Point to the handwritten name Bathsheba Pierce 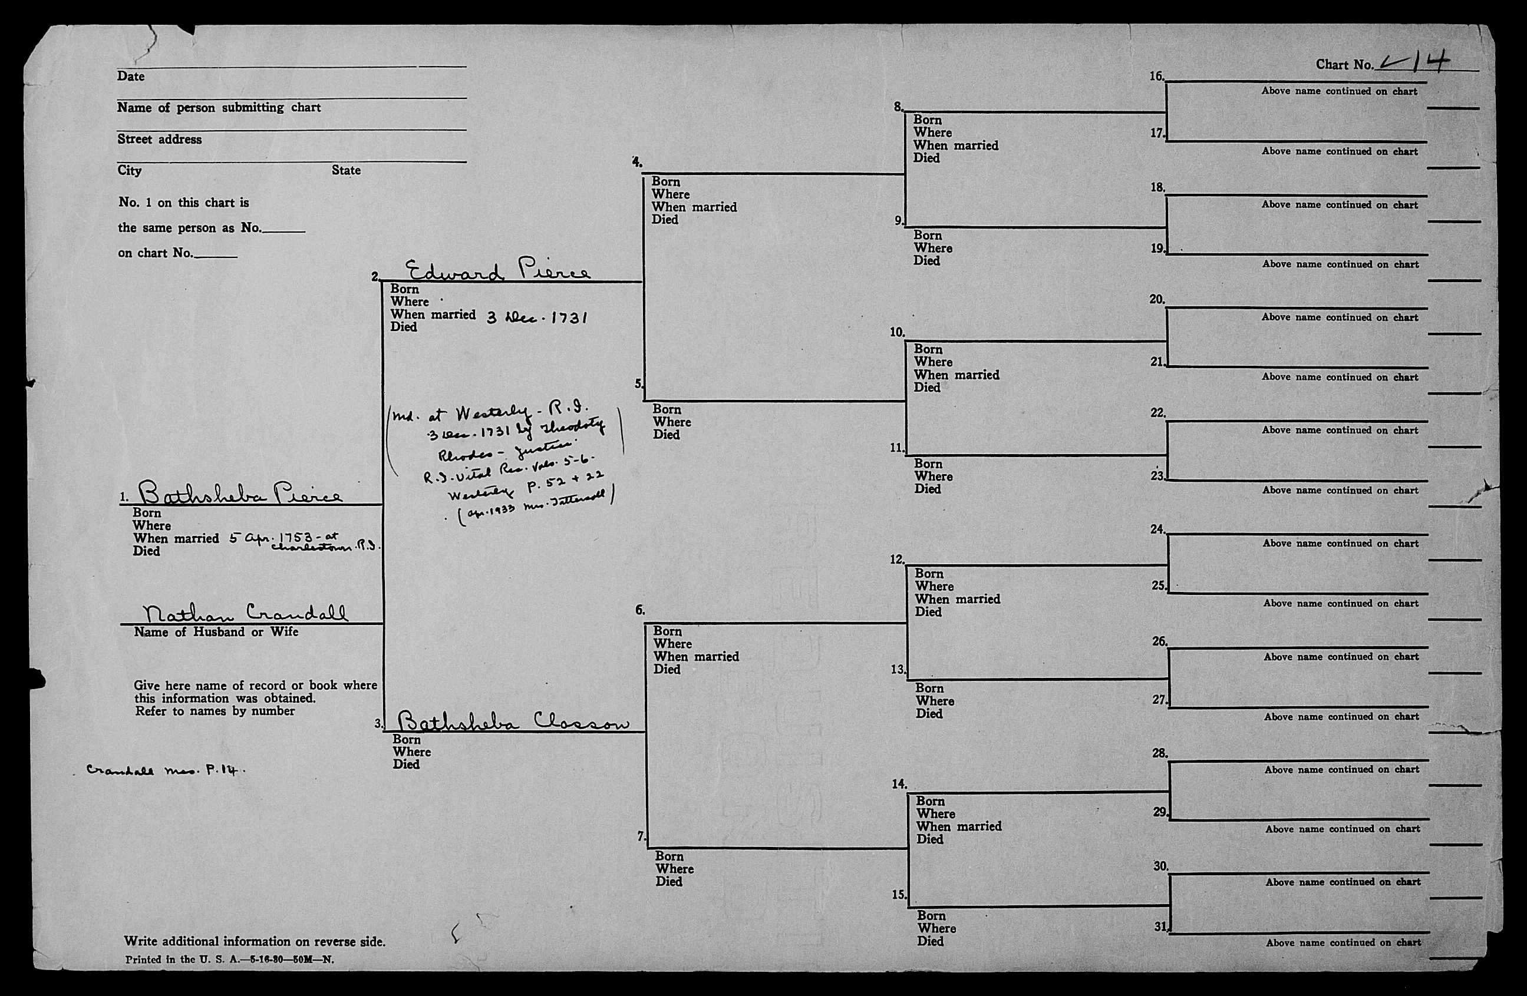tap(240, 493)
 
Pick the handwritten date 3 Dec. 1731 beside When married tap(537, 317)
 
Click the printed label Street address tap(159, 139)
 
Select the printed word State tap(346, 170)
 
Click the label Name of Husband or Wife tap(216, 632)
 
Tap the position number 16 tap(1156, 77)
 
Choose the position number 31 tap(1159, 926)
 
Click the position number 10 tap(896, 332)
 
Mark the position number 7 tap(640, 836)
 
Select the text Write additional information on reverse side tap(255, 941)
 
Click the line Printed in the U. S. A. tap(229, 960)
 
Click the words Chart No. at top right tap(1344, 65)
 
